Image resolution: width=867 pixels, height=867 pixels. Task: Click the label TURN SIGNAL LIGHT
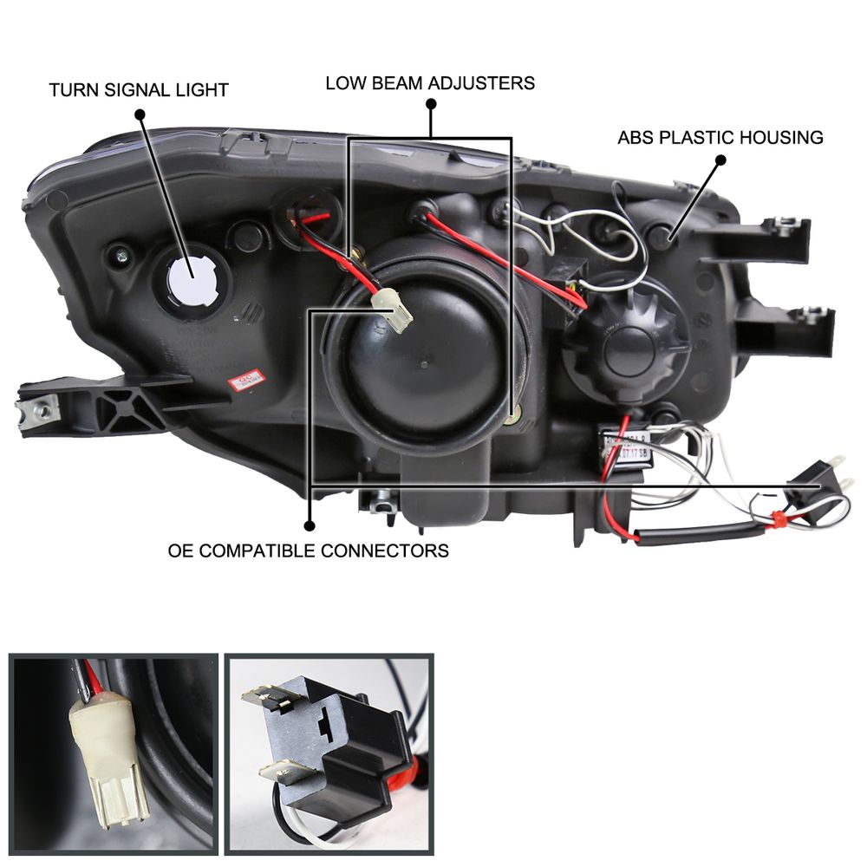click(x=139, y=89)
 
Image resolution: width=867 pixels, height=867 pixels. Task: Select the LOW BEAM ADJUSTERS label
click(x=430, y=83)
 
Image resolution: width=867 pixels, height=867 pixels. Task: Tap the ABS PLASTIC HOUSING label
click(x=720, y=137)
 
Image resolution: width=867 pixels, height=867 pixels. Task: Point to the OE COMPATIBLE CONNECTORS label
click(x=309, y=550)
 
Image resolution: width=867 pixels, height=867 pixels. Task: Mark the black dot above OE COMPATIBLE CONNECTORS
click(x=309, y=525)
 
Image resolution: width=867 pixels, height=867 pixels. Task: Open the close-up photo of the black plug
click(x=329, y=753)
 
